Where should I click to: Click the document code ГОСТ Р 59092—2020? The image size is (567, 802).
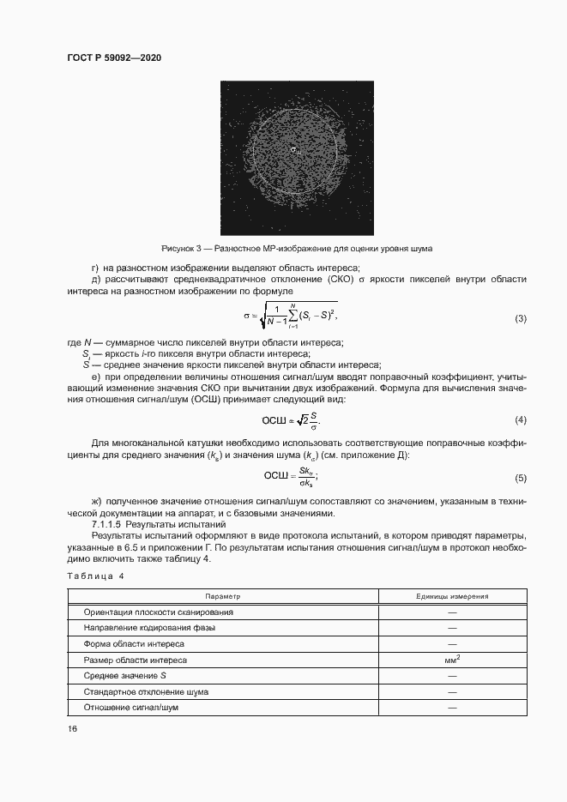coord(113,57)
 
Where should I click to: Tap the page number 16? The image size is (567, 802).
coord(72,729)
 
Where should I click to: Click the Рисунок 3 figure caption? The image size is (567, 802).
coord(297,248)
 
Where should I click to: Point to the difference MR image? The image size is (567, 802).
coord(297,157)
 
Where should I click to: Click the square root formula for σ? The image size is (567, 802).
coord(291,317)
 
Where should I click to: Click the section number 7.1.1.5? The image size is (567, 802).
coord(108,523)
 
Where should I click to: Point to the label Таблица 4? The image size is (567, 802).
coord(95,576)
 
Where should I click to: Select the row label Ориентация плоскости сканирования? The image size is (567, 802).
coord(158,612)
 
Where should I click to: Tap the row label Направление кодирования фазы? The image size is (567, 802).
coord(149,628)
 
